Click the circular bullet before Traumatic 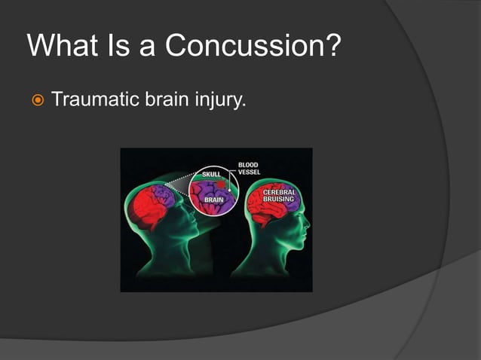(34, 99)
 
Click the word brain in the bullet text (161, 99)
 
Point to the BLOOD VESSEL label (249, 168)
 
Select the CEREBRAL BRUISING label (279, 197)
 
